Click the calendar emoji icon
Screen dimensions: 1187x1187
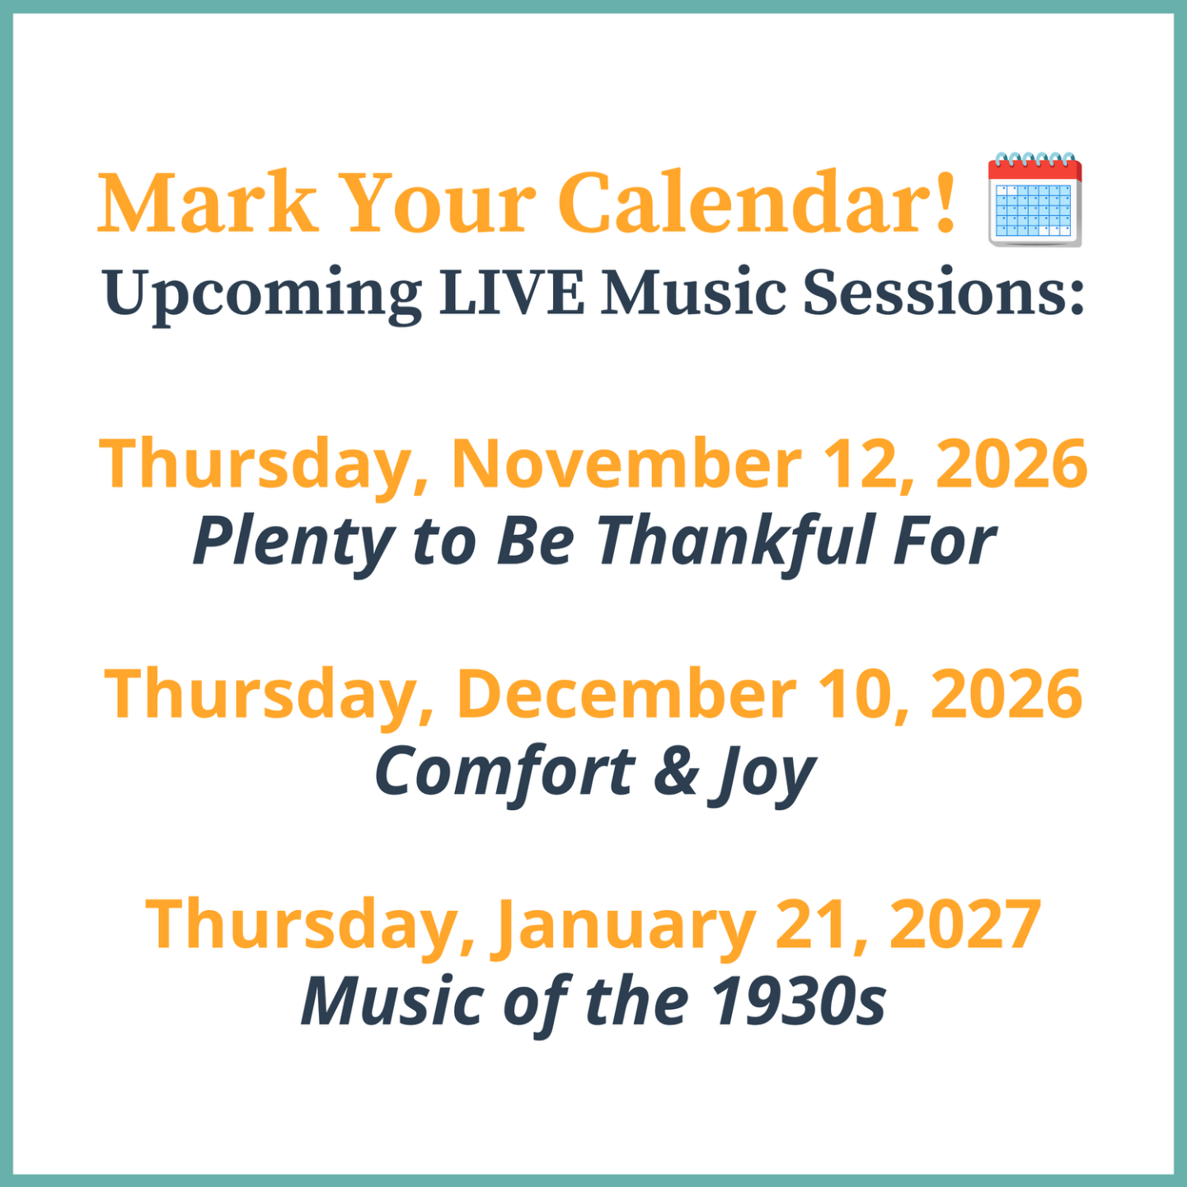click(1035, 199)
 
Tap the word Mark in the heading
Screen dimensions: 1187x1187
click(209, 203)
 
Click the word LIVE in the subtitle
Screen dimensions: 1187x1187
click(511, 292)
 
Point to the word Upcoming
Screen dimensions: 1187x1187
click(263, 296)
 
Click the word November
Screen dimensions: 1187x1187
click(627, 463)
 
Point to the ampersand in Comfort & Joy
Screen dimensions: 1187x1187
click(677, 772)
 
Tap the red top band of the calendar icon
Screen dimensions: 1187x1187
click(1035, 170)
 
